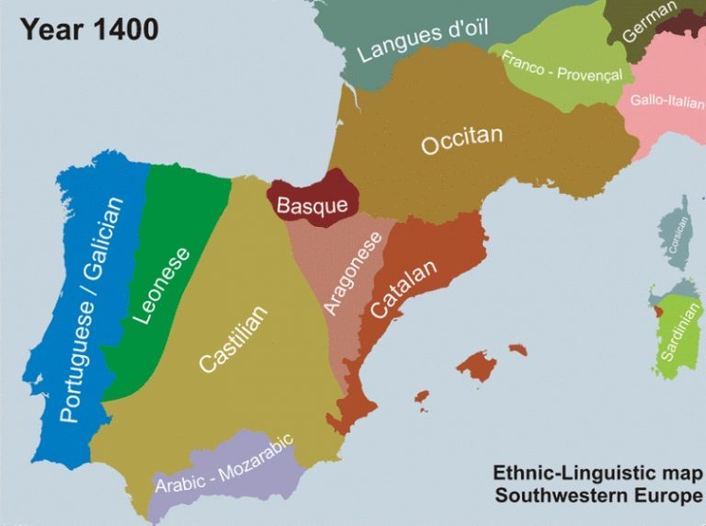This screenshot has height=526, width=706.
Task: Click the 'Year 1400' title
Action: [x=89, y=29]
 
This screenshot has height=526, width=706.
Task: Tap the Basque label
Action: [x=313, y=205]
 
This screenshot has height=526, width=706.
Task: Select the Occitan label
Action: [x=462, y=142]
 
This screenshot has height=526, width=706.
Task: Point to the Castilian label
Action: [x=233, y=338]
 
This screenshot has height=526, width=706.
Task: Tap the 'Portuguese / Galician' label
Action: [x=91, y=309]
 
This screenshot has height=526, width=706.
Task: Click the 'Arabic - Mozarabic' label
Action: [x=223, y=465]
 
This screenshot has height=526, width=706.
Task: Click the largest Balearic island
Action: [x=477, y=366]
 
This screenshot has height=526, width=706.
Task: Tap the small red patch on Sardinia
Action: [x=655, y=305]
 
